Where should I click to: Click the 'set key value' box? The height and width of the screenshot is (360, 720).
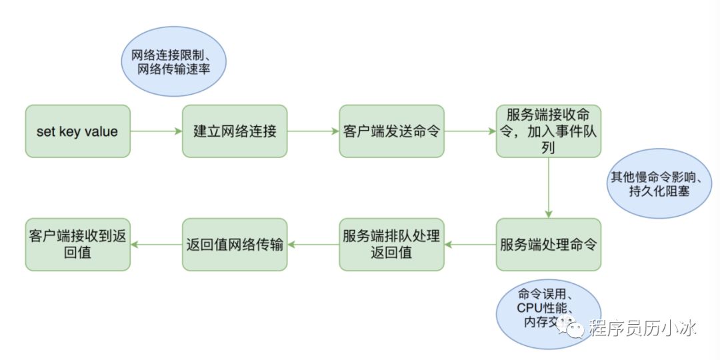(77, 131)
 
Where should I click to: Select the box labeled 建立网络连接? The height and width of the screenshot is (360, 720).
(235, 131)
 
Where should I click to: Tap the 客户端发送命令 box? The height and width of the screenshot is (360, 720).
(391, 131)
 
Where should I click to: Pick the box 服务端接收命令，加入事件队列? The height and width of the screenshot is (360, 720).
(548, 131)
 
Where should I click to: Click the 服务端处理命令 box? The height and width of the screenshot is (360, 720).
(548, 245)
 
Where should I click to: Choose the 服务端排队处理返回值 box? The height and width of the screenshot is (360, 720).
(391, 245)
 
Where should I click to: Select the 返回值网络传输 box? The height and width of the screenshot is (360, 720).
(235, 245)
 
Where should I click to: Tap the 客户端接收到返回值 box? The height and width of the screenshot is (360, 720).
(77, 245)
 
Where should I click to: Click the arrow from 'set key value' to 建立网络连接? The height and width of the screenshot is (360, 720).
(156, 131)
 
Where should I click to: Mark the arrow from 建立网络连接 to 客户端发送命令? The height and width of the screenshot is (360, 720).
(313, 131)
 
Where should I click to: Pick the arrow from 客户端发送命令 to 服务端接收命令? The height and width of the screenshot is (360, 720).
(470, 131)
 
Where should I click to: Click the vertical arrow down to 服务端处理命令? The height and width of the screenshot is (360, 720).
(548, 188)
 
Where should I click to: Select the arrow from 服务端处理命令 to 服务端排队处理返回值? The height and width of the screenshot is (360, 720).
(470, 245)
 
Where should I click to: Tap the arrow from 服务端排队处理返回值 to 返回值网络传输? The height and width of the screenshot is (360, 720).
(313, 245)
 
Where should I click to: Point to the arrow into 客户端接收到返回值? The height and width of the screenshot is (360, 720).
(156, 245)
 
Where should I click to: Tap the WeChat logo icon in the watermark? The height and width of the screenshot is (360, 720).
(573, 328)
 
